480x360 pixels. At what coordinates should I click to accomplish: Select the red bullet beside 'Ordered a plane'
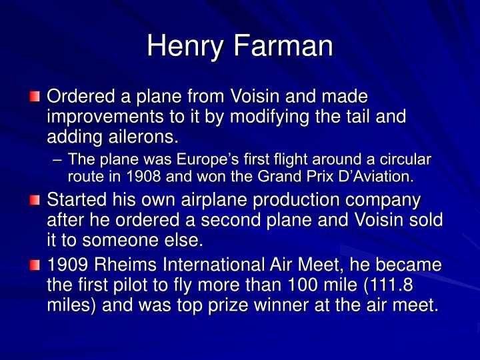point(36,98)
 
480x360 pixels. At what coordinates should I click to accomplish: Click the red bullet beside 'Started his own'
point(36,201)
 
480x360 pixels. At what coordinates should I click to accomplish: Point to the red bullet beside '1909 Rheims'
point(36,266)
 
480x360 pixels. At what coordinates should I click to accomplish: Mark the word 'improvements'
point(100,117)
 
